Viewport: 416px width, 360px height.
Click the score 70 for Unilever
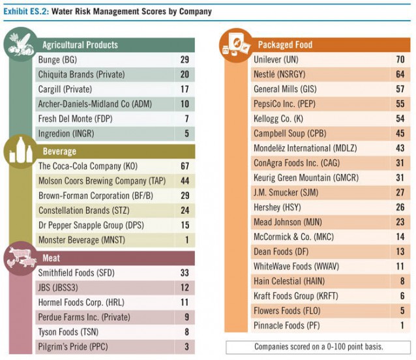[400, 59]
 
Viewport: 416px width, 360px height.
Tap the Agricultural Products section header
[80, 45]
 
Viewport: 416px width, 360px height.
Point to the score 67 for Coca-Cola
[185, 166]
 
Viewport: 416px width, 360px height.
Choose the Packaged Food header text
[285, 45]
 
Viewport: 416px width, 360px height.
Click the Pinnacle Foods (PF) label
[286, 325]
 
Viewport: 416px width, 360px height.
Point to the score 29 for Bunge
[185, 59]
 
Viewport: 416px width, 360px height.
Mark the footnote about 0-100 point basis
[318, 346]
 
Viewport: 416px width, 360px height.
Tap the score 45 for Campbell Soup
[400, 133]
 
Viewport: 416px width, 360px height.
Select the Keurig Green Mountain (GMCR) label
[306, 177]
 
